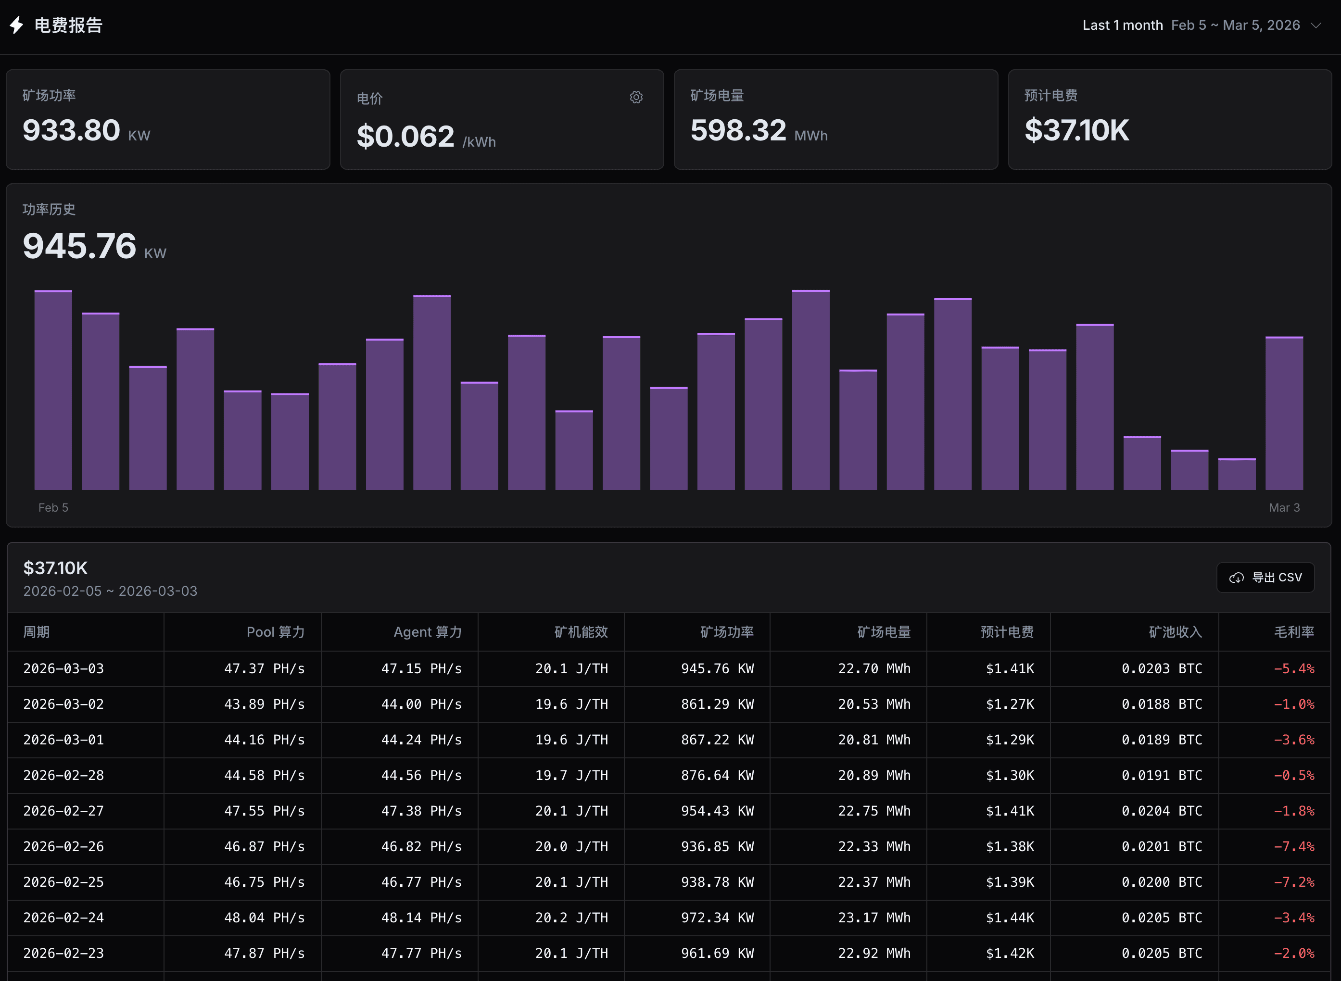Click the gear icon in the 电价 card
tap(636, 98)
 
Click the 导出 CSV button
tap(1265, 577)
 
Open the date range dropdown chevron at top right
tap(1316, 25)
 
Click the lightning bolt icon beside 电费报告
tap(17, 25)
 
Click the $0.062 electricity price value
tap(405, 137)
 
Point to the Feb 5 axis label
tap(53, 508)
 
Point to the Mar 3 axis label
tap(1284, 508)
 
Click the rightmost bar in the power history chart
tap(1284, 414)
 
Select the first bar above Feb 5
tap(53, 390)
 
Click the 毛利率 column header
tap(1293, 632)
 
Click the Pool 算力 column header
tap(276, 632)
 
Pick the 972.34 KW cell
tap(717, 918)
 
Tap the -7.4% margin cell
tap(1293, 846)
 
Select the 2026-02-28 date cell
tap(63, 775)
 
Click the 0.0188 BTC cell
tap(1161, 704)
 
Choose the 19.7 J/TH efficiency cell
tap(571, 775)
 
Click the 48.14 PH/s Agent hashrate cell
tap(421, 918)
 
